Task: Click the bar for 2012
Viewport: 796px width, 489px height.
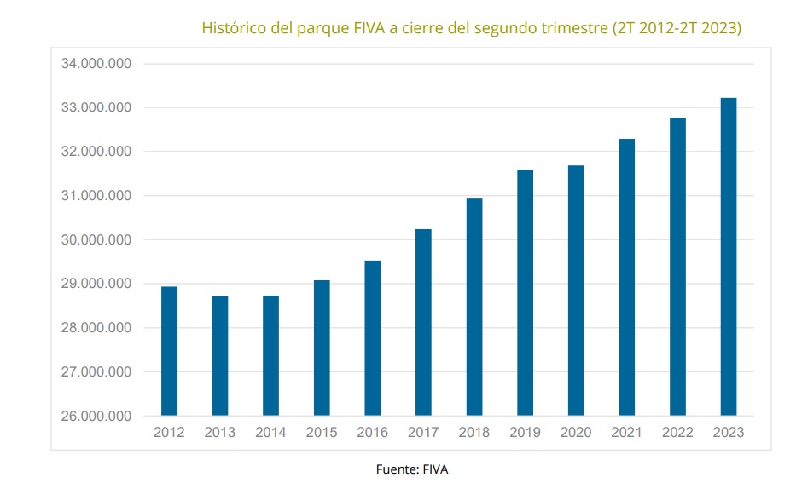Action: pyautogui.click(x=169, y=351)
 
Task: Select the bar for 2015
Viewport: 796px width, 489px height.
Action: pyautogui.click(x=322, y=348)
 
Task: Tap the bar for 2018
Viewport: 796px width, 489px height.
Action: pyautogui.click(x=474, y=308)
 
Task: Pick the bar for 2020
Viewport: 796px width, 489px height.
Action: pyautogui.click(x=576, y=291)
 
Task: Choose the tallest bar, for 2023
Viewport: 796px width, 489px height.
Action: pyautogui.click(x=729, y=256)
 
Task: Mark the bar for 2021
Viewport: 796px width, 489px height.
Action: pyautogui.click(x=627, y=277)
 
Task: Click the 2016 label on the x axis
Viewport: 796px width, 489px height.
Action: pyautogui.click(x=372, y=433)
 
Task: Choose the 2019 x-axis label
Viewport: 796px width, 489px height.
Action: pyautogui.click(x=525, y=433)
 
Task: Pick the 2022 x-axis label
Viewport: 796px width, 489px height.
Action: pyautogui.click(x=677, y=433)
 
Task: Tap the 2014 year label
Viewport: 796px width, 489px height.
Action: pyautogui.click(x=270, y=433)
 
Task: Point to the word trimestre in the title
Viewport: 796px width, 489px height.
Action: pyautogui.click(x=572, y=28)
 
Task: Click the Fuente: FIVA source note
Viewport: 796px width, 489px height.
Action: pyautogui.click(x=411, y=469)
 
